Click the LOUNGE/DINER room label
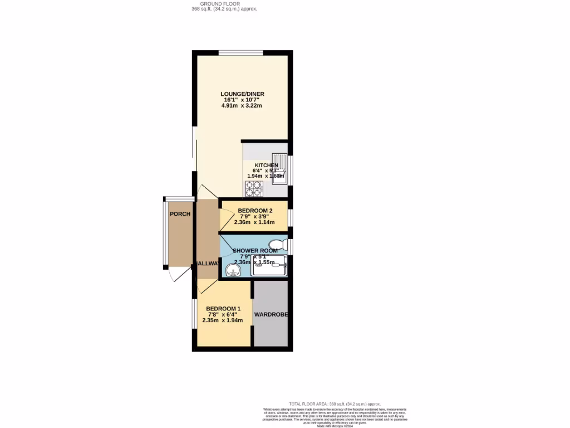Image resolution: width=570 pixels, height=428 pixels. pos(242,94)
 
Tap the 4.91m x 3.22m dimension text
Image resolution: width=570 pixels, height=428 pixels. pos(242,105)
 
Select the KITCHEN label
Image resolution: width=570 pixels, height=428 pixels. pos(266,166)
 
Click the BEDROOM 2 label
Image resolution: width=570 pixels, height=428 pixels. pos(254,210)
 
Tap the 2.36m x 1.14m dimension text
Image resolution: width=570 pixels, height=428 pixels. pos(254,222)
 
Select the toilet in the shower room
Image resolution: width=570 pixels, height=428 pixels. pos(277,245)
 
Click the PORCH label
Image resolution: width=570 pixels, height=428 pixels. pos(180,214)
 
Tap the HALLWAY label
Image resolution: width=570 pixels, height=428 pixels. pos(206,264)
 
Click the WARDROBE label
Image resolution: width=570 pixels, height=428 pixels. pos(271,315)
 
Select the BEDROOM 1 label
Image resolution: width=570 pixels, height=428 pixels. pos(223,309)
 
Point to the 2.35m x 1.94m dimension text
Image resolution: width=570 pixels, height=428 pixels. pos(223,320)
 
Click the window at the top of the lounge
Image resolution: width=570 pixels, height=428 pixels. pos(240,53)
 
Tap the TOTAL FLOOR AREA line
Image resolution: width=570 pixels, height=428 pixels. pos(335,404)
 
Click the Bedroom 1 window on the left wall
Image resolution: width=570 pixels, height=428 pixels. pos(194,314)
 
